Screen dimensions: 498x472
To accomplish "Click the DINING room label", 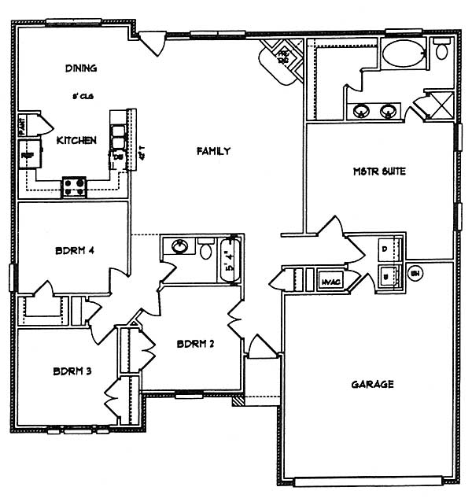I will click(x=82, y=68).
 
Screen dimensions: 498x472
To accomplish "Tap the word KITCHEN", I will click(x=77, y=141).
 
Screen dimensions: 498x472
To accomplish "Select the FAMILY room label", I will click(x=213, y=151).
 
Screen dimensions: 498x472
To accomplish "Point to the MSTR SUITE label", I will click(x=381, y=172).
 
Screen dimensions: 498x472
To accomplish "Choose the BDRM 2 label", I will click(x=196, y=344).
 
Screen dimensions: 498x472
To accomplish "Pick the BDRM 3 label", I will click(x=73, y=371).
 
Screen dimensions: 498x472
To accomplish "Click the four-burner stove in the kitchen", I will click(x=75, y=186).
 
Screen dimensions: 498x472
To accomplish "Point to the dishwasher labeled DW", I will click(x=119, y=155).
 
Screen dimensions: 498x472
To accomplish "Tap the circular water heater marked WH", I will click(x=416, y=274).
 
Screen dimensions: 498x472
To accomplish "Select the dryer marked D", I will click(x=385, y=249).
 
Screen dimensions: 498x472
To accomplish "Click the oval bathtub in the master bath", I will click(x=404, y=54).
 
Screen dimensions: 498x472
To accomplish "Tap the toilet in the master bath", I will click(x=441, y=51).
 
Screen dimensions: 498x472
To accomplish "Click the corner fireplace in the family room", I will click(x=282, y=59).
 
